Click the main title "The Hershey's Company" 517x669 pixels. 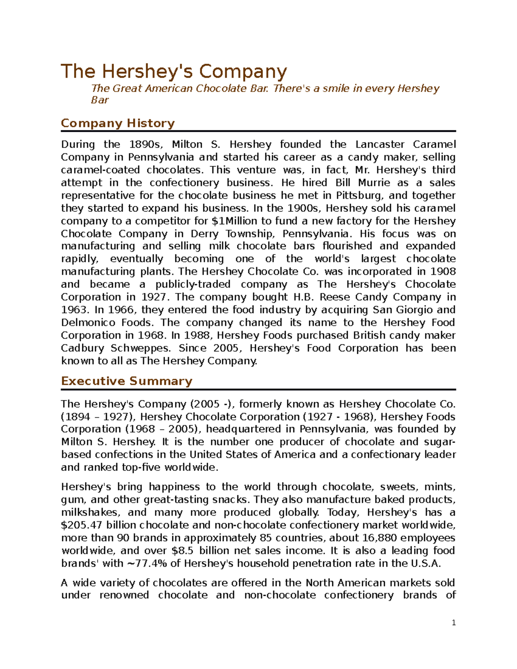coord(174,72)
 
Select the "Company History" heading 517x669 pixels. coord(118,123)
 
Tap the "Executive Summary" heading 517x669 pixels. coord(126,381)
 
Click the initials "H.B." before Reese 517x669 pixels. coord(305,297)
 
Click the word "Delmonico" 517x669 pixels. coord(88,323)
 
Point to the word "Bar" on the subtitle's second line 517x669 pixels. coord(100,100)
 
